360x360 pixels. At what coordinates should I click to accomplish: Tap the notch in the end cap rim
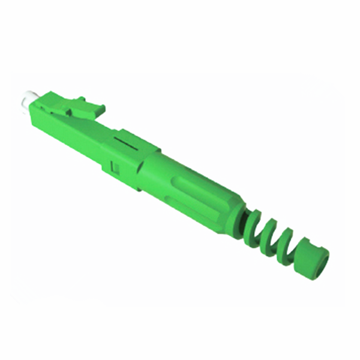(302, 244)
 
